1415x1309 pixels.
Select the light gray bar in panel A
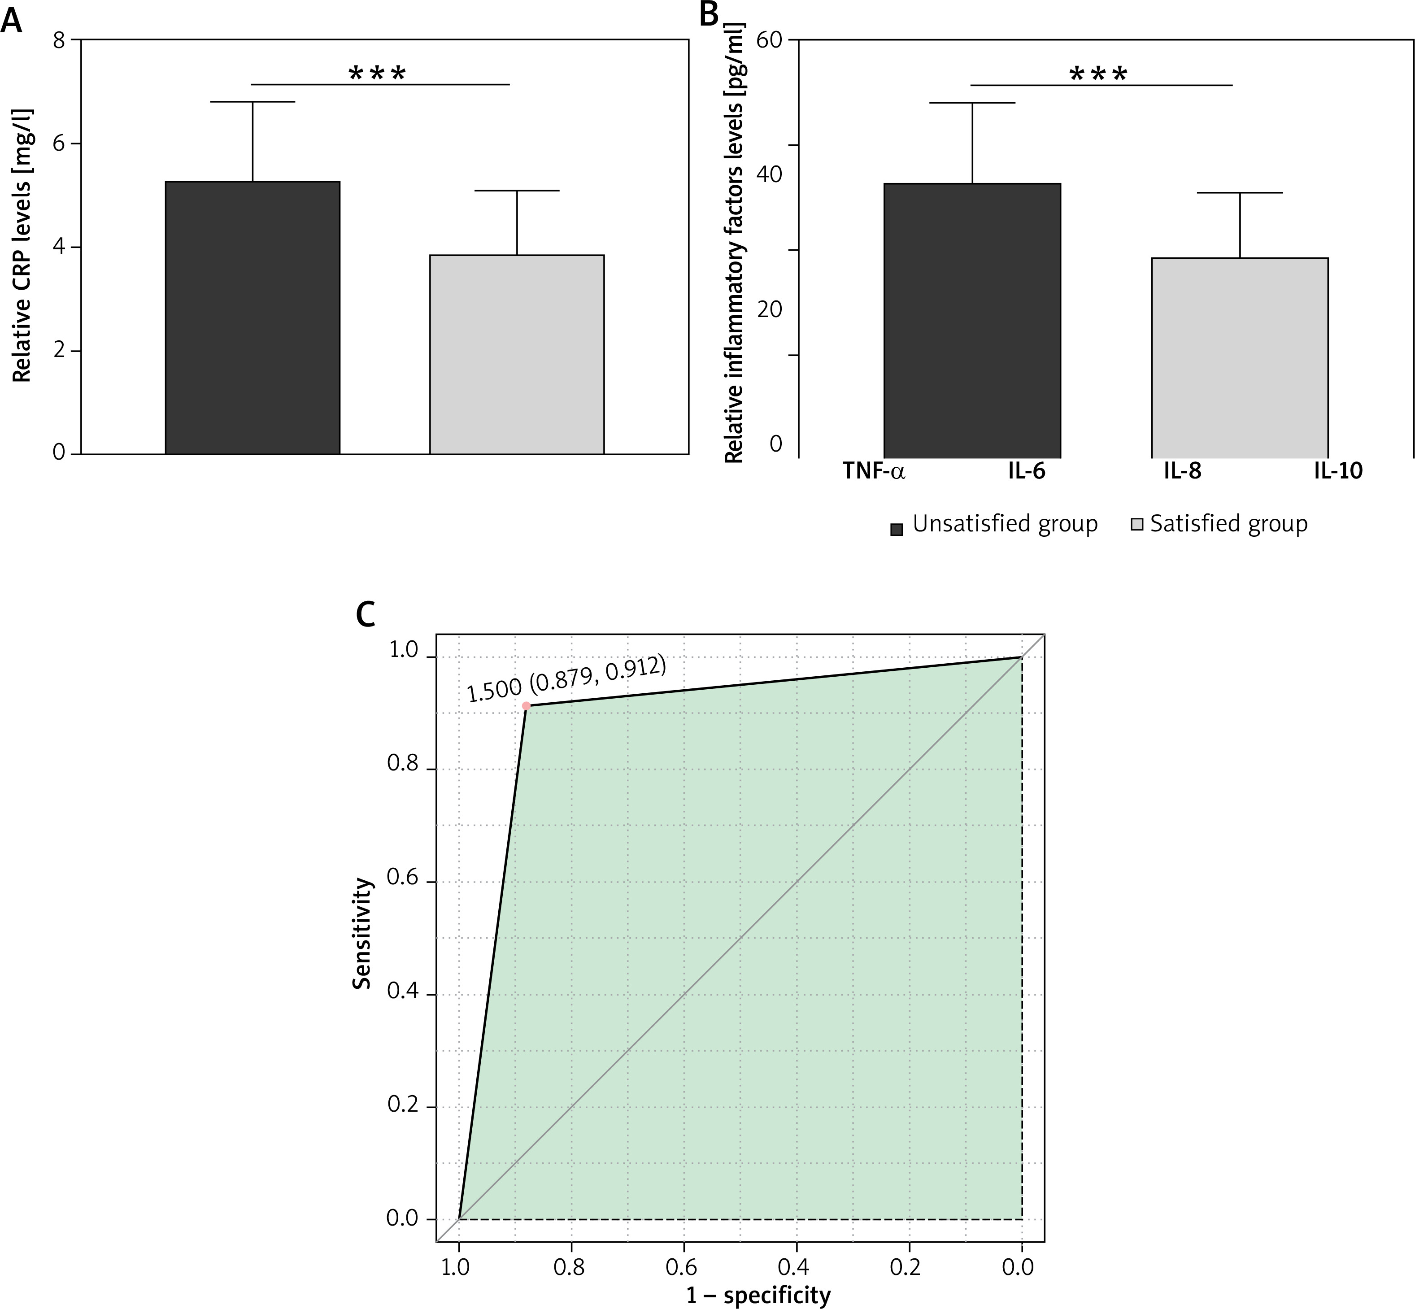517,354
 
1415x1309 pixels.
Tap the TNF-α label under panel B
874,472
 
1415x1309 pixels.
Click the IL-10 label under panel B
1338,472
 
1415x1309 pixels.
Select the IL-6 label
1027,472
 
